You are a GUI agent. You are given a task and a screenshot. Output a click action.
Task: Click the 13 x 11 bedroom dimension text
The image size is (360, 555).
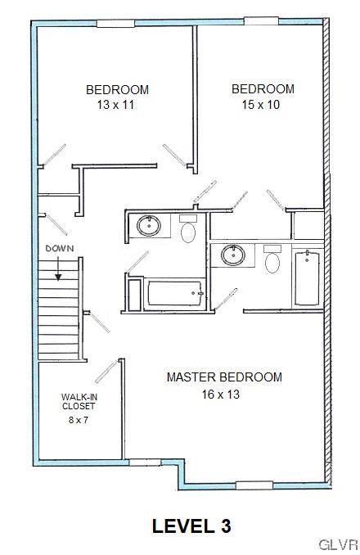click(x=118, y=105)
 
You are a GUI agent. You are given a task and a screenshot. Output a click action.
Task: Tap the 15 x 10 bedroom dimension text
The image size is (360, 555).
click(x=263, y=104)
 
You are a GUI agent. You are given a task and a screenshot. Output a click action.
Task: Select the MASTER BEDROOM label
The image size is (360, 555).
click(x=224, y=377)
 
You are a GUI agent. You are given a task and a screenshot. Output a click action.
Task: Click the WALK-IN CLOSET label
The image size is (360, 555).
click(x=79, y=402)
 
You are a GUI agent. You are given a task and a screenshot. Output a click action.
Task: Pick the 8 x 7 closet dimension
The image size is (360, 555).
click(x=79, y=420)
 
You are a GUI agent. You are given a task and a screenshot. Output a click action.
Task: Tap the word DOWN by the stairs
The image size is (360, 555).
click(x=59, y=248)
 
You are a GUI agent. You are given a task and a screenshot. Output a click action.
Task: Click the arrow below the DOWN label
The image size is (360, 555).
click(x=59, y=268)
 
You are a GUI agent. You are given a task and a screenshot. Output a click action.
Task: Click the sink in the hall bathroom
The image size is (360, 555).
click(x=148, y=226)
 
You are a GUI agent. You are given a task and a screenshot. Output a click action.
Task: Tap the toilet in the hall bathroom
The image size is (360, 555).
click(x=188, y=232)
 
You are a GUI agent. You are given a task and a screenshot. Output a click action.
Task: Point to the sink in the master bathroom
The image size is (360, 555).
click(x=235, y=255)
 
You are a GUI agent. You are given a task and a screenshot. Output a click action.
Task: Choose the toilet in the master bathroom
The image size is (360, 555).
click(x=273, y=260)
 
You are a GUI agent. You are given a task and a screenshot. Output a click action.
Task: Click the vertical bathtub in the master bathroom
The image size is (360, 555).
click(x=306, y=278)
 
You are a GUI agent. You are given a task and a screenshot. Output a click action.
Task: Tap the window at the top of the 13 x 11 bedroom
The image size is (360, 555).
click(x=115, y=24)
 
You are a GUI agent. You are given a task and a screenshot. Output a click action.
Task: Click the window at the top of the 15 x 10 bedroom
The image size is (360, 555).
click(x=262, y=21)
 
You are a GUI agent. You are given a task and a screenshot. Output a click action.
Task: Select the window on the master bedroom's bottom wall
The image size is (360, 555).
click(x=254, y=485)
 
